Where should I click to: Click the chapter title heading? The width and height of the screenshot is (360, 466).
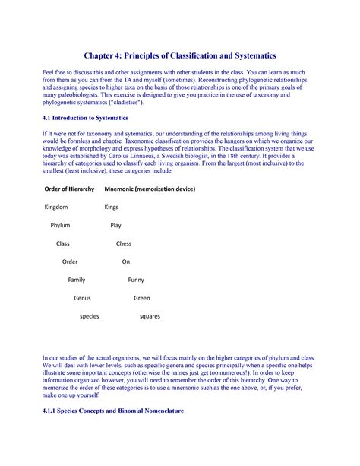tap(180, 55)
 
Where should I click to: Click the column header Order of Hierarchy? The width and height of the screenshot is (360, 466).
tap(70, 189)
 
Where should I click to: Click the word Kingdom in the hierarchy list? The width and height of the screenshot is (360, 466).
tap(56, 207)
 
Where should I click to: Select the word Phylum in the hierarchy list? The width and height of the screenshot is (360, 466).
tap(60, 225)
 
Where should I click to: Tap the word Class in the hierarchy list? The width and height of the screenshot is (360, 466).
tap(62, 243)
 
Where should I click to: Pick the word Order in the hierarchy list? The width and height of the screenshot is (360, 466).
tap(70, 262)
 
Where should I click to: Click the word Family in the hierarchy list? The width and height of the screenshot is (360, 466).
tap(77, 280)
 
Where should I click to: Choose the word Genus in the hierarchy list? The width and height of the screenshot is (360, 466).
tap(82, 298)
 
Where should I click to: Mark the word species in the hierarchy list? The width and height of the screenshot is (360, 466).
tap(90, 316)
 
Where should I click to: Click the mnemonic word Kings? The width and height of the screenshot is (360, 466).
tap(111, 207)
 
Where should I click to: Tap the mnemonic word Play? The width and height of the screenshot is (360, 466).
tap(115, 225)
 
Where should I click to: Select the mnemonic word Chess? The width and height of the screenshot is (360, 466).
tap(123, 243)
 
